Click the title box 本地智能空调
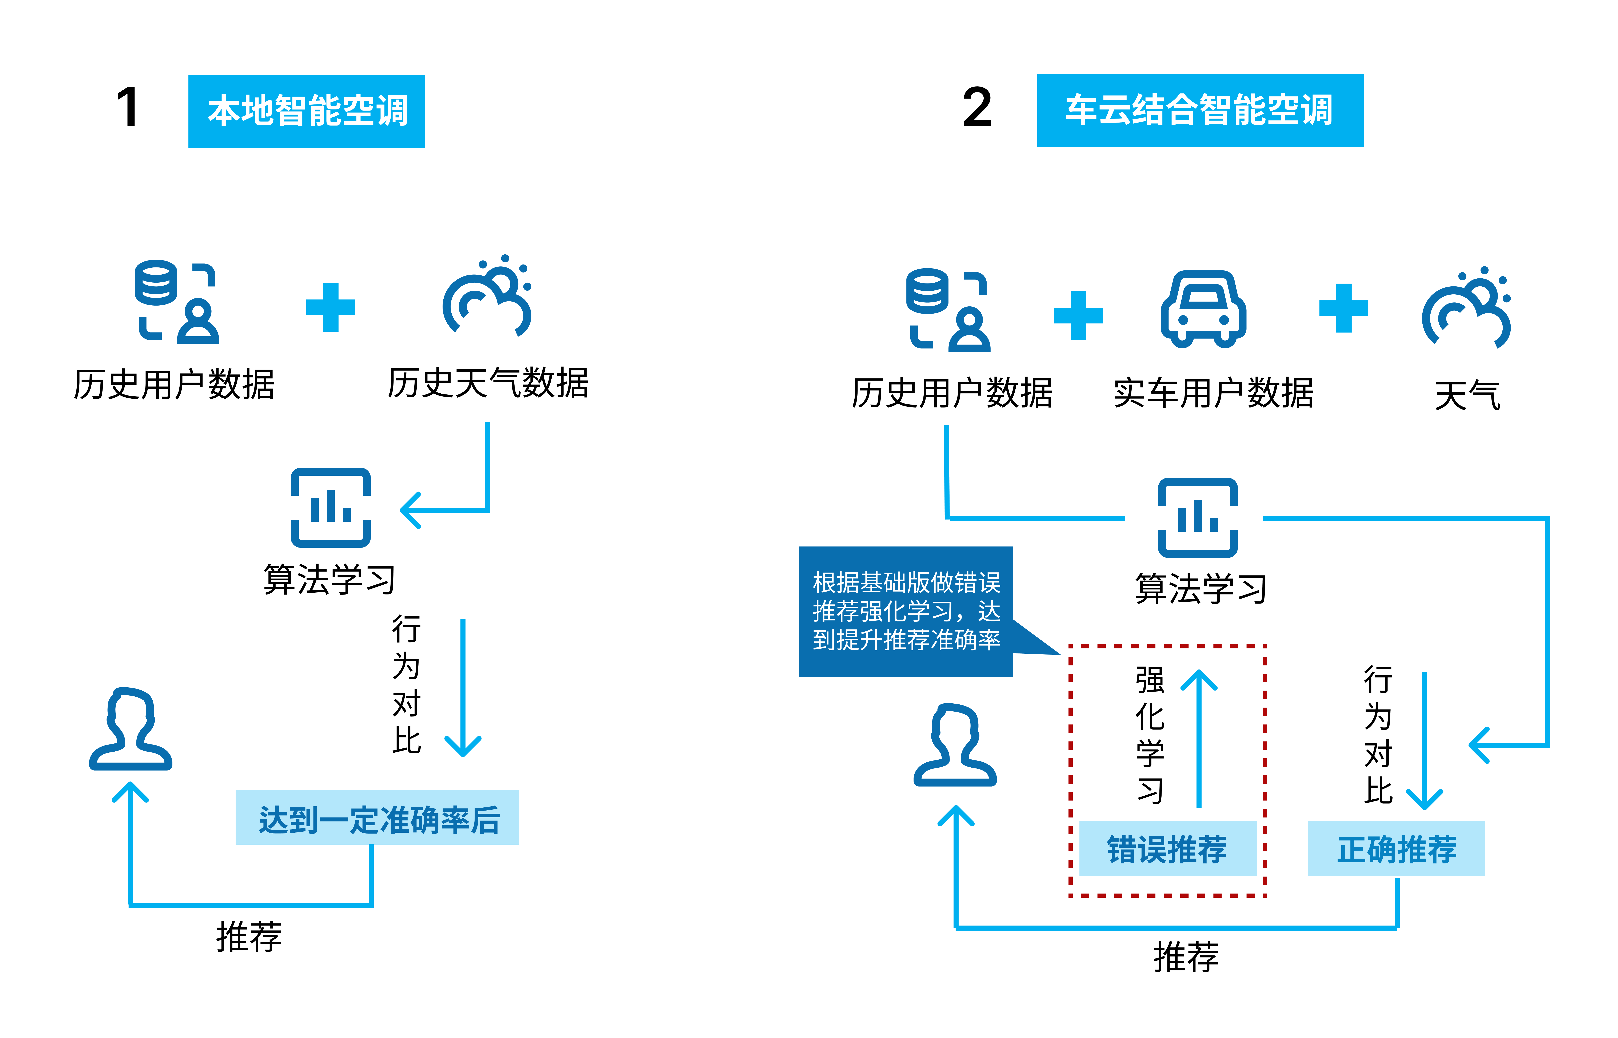pos(307,111)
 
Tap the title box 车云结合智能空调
pos(1199,111)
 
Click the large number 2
pos(977,108)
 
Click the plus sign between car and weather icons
pos(1343,308)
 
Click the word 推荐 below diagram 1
pos(249,937)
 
